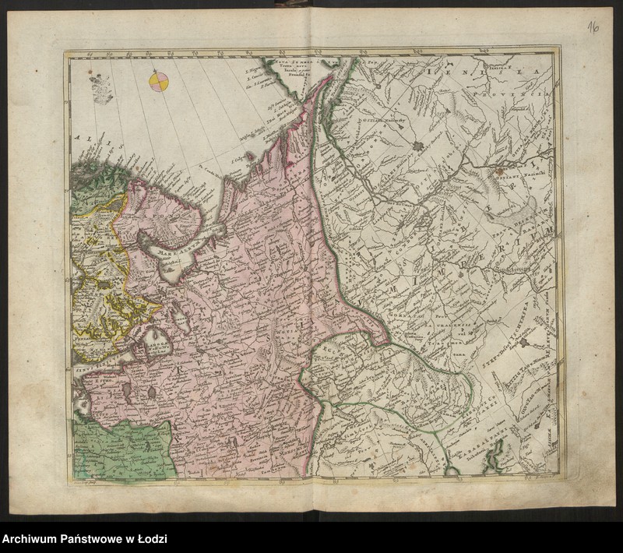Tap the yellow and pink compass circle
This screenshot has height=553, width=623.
(160, 80)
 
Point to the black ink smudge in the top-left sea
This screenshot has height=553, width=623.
(100, 87)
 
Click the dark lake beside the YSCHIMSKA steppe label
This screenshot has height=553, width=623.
(529, 342)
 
